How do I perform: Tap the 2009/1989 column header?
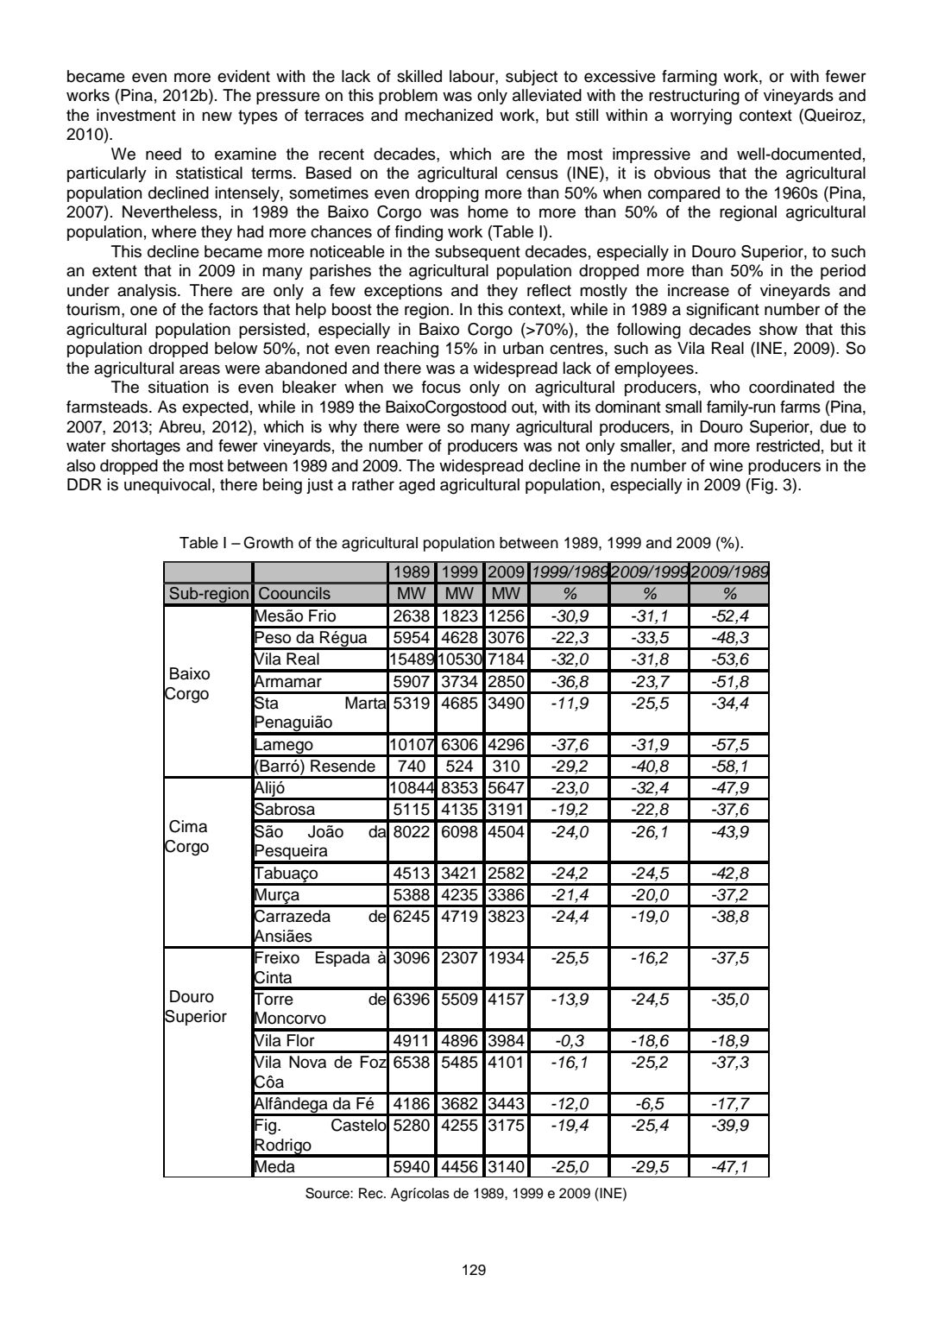coord(729,573)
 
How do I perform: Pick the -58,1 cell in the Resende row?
coord(729,767)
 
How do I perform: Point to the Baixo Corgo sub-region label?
coord(188,684)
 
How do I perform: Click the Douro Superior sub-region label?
coord(196,1007)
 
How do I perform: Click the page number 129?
coord(474,1270)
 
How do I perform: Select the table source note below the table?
coord(466,1195)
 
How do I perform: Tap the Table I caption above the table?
coord(462,544)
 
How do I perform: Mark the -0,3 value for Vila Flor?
coord(570,1039)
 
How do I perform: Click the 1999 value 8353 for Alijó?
coord(459,788)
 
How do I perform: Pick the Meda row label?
coord(275,1167)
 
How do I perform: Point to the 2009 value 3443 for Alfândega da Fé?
coord(506,1102)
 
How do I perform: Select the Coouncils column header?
coord(294,594)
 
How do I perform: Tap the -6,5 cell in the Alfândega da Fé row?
coord(650,1102)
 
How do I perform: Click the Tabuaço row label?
coord(287,873)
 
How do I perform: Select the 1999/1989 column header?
coord(570,573)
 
